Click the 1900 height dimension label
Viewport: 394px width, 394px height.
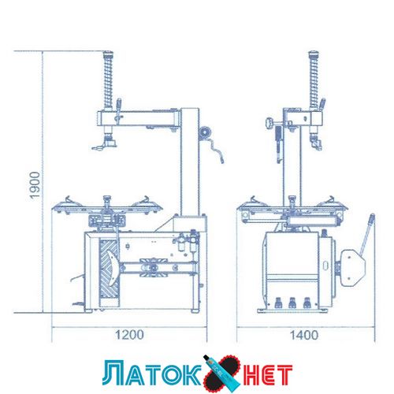[35, 185]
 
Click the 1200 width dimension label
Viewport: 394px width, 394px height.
[129, 335]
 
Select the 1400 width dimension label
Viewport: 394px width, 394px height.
[304, 335]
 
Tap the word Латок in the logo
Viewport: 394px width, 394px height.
[152, 374]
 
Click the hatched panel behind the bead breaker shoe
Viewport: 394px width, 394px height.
[109, 269]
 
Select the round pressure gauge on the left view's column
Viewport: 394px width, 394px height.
[205, 132]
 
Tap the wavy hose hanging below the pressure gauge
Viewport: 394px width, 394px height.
[216, 151]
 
